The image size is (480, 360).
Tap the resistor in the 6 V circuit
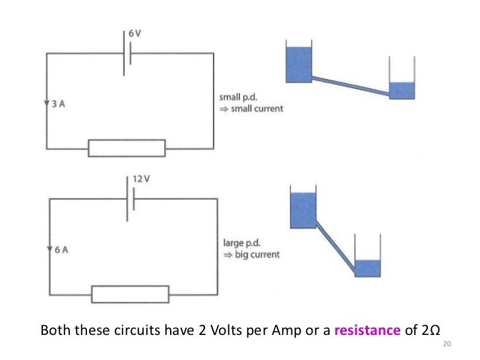coord(127,148)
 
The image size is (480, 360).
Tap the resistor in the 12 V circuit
coord(131,294)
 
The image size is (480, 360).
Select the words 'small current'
coord(255,109)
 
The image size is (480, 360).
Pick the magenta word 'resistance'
coord(367,330)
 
